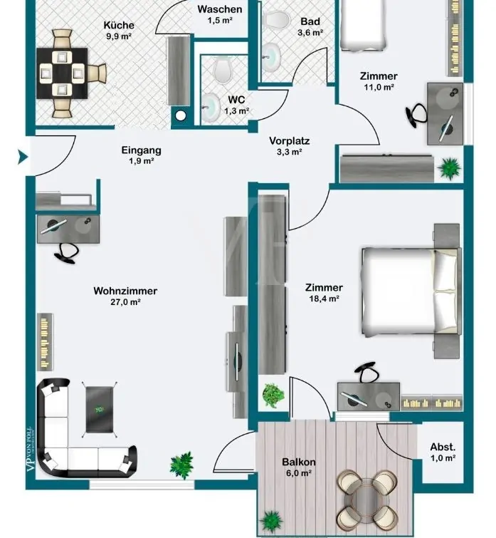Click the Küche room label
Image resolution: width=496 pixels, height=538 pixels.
[118, 25]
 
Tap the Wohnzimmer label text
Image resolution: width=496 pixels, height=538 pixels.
[125, 291]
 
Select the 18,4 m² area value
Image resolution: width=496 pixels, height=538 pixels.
[324, 299]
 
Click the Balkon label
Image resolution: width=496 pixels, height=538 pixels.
[299, 462]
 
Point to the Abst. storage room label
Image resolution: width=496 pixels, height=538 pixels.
[443, 447]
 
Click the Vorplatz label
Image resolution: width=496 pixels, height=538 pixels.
[290, 141]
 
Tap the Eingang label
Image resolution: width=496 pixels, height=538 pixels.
[142, 150]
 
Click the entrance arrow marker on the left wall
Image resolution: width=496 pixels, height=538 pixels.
[23, 156]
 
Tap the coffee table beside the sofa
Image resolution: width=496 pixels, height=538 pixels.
[99, 408]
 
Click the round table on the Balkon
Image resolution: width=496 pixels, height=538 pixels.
[368, 495]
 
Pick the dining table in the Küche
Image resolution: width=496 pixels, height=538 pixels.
[63, 71]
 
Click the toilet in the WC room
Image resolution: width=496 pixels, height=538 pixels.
[223, 70]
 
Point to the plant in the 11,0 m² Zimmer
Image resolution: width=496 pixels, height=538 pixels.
[449, 168]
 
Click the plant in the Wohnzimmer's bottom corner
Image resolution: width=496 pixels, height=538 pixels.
[182, 465]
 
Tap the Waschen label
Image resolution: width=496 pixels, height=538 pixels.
[220, 9]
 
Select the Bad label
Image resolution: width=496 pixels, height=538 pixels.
[310, 21]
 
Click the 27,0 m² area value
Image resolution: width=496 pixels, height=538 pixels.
[125, 302]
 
